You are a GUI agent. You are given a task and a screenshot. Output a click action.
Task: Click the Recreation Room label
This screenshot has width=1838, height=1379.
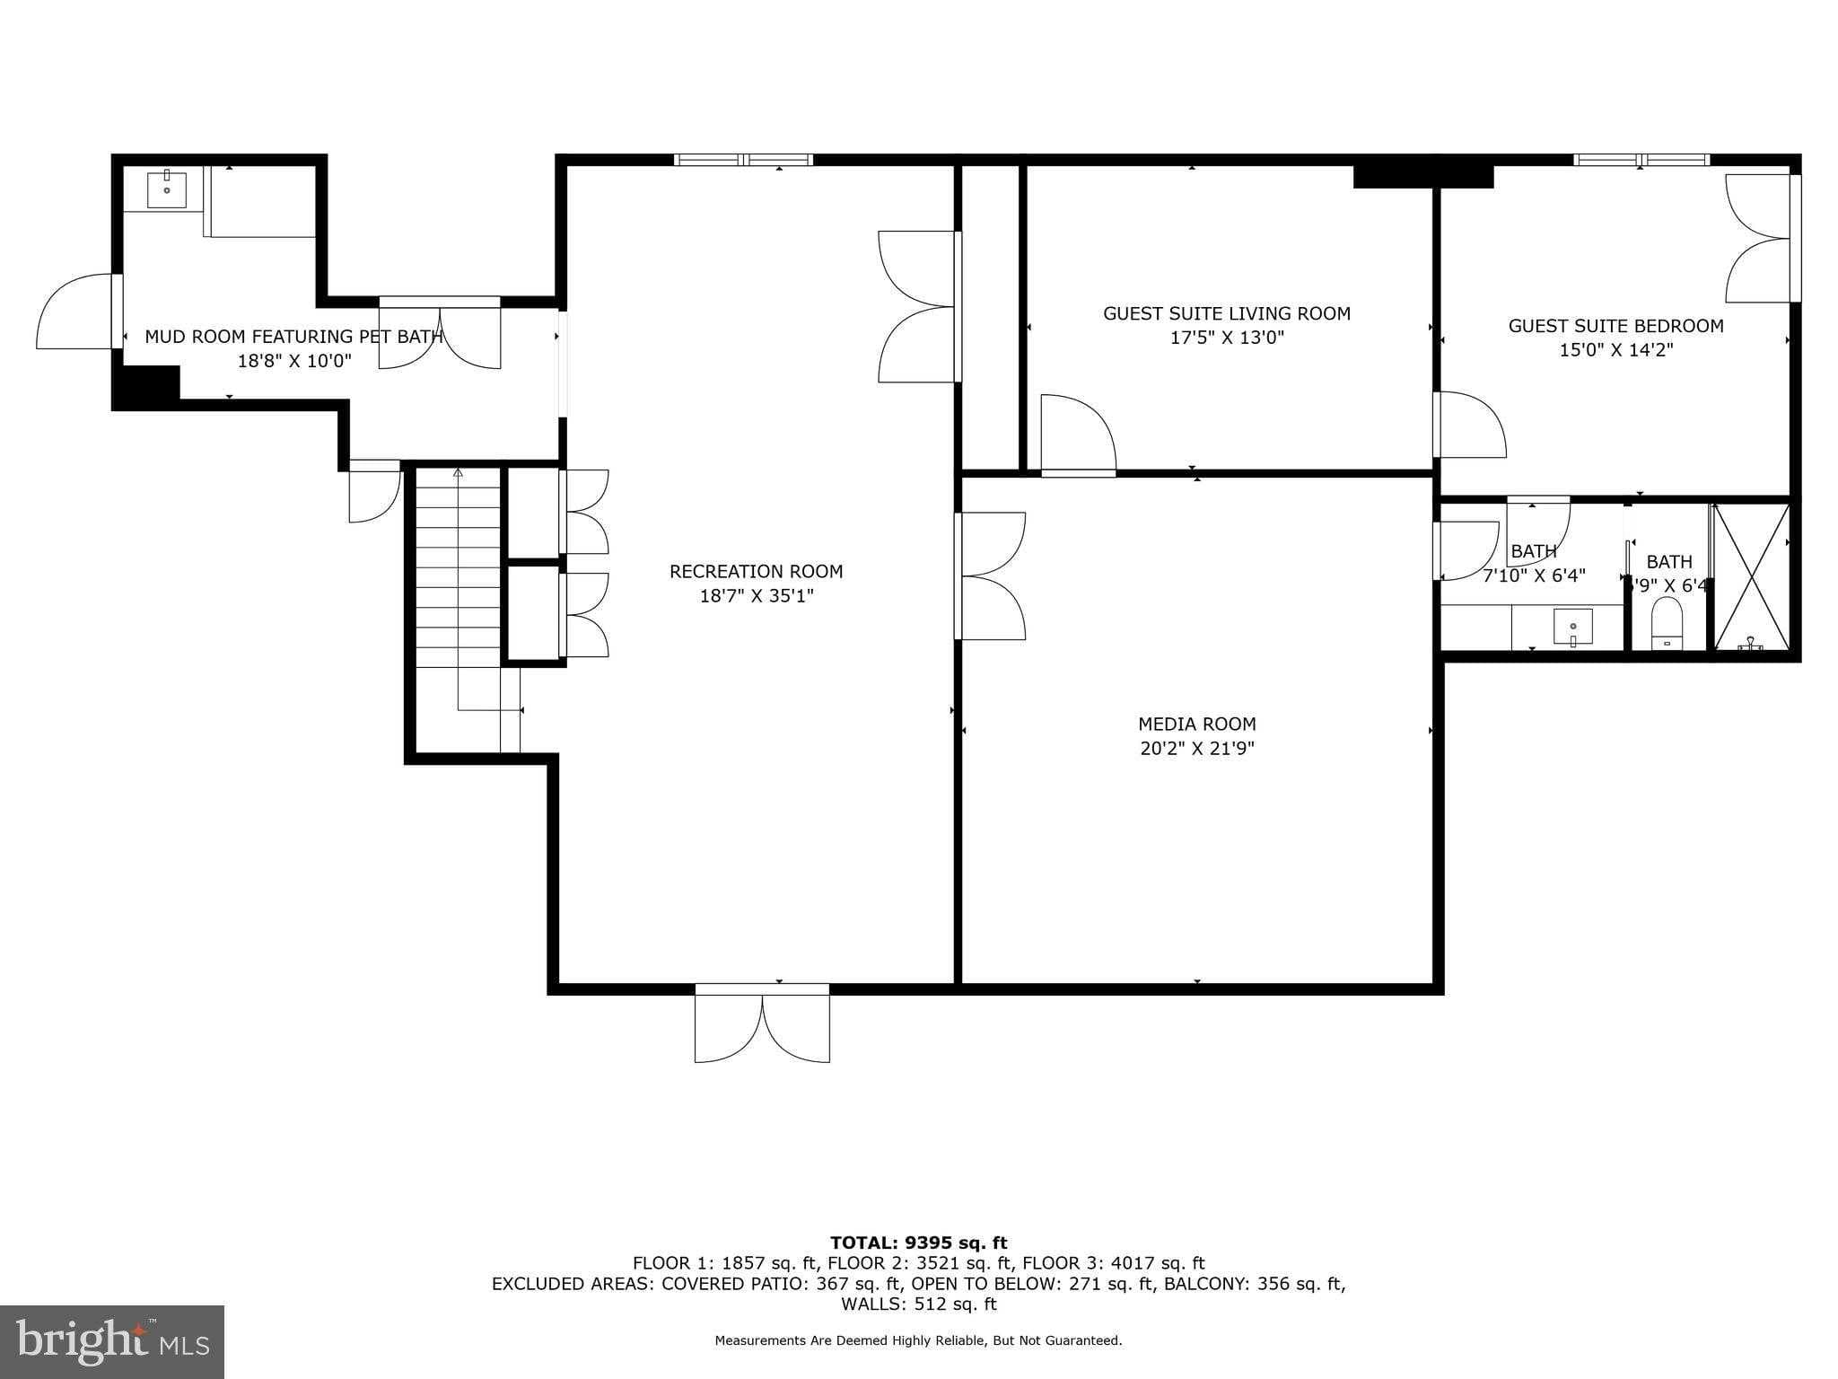point(756,572)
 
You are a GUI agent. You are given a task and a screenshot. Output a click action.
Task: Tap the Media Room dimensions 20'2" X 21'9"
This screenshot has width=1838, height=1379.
point(1196,749)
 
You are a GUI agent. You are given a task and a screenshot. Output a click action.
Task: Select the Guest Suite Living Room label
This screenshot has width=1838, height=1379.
point(1226,313)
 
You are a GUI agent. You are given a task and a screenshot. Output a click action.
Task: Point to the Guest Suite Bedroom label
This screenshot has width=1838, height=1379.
point(1615,326)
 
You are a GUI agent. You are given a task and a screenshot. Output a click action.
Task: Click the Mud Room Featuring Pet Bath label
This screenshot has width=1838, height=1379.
point(293,337)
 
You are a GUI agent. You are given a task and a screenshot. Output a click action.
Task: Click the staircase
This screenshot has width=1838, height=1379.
point(458,575)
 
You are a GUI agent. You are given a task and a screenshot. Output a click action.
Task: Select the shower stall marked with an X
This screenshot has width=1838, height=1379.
point(1751,576)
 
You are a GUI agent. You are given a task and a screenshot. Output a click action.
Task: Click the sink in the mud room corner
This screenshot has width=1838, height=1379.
point(166,189)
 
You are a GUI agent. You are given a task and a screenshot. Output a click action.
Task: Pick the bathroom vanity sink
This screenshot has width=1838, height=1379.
point(1572,627)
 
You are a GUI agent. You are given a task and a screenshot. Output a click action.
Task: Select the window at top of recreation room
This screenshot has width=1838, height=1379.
point(743,160)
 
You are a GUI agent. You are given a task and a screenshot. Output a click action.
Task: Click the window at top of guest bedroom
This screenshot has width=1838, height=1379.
point(1641,160)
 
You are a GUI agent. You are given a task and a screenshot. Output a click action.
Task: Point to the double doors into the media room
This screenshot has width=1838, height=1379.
point(991,575)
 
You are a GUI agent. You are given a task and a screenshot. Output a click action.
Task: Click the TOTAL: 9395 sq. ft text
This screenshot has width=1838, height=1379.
point(918,1243)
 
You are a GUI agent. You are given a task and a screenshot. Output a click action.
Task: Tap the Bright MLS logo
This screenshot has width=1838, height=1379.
point(112,1341)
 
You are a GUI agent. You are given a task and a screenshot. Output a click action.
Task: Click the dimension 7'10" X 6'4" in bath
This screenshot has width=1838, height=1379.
point(1534,575)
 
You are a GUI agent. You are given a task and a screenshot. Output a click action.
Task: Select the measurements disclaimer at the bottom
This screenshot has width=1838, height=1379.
point(918,1340)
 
